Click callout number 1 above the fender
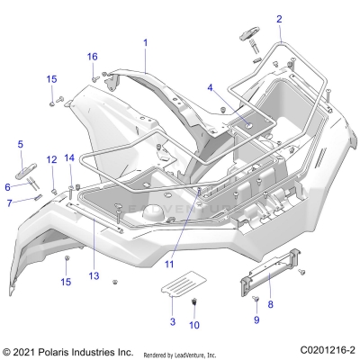point(145,42)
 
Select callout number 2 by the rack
point(254,19)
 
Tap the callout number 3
point(172,320)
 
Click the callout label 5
point(21,143)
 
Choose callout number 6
point(7,187)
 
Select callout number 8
point(271,305)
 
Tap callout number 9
point(256,319)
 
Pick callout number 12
point(51,159)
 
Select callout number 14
point(69,158)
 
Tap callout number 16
point(92,57)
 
